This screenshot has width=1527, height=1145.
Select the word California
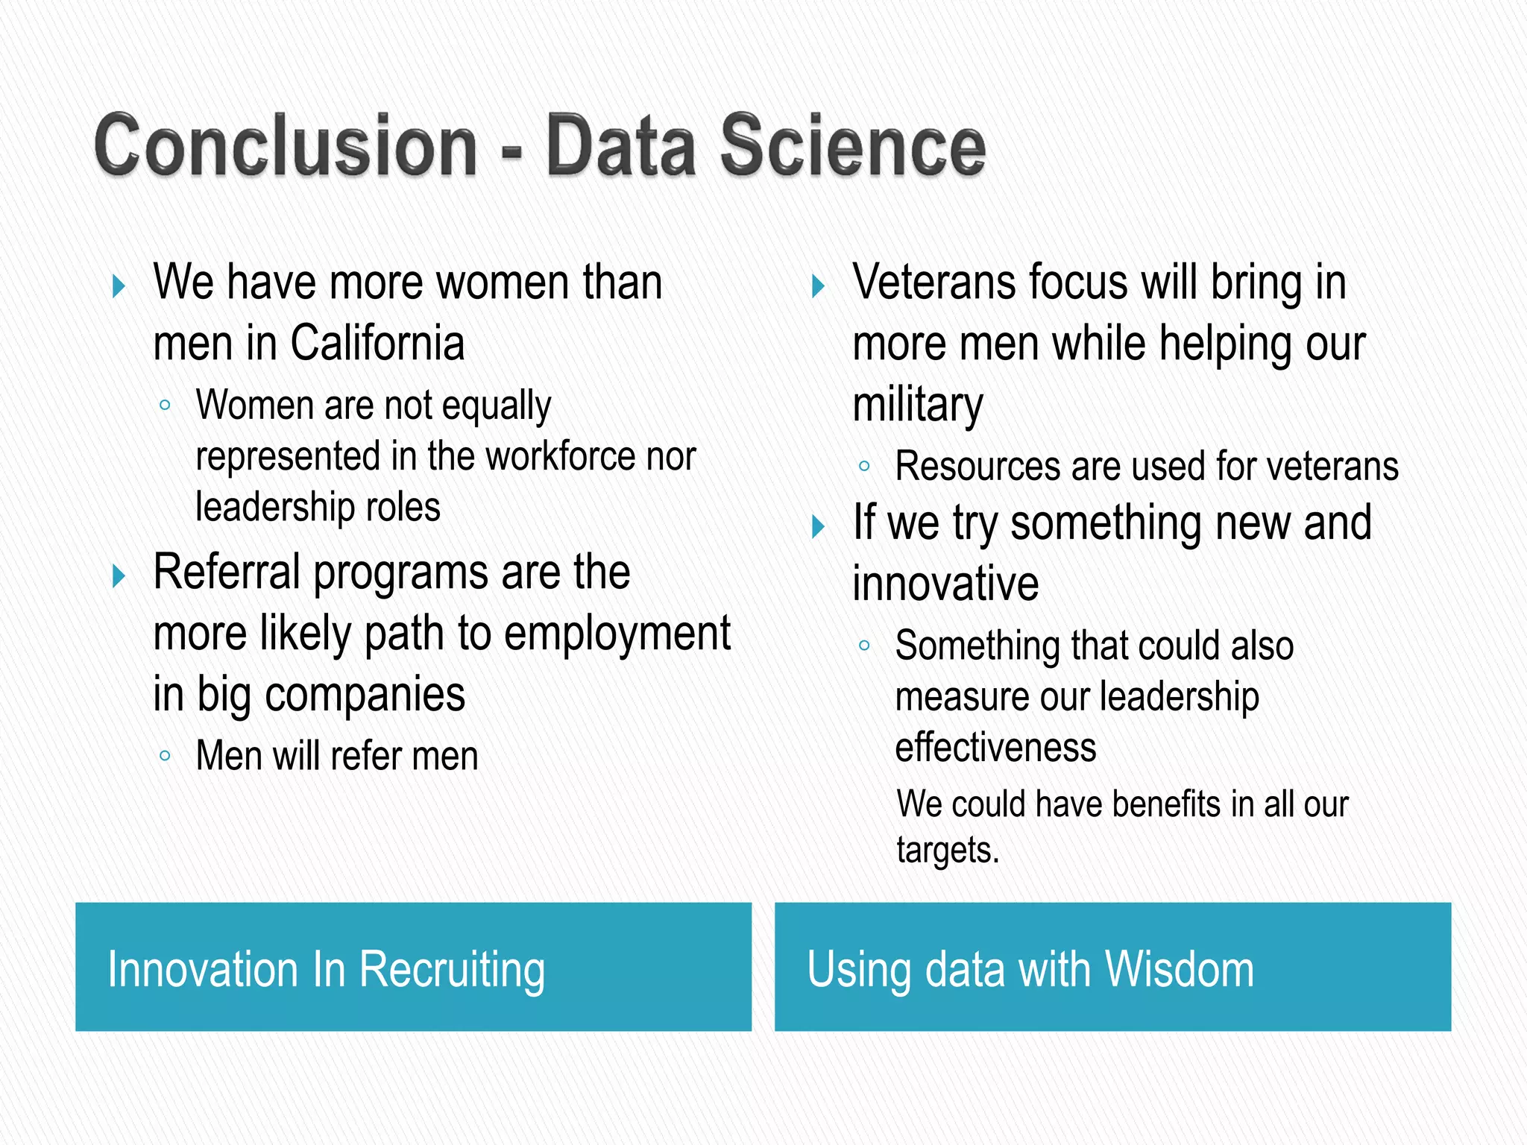pos(377,344)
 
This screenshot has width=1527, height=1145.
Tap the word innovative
pos(945,584)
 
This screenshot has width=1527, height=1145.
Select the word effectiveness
pos(995,748)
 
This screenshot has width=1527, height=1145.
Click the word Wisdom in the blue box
pos(1180,969)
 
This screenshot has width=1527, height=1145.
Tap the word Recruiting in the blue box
pos(452,970)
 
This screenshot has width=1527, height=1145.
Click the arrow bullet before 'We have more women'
pos(118,286)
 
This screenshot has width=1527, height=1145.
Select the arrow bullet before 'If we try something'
pos(818,527)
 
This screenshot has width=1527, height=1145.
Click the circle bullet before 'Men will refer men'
pos(165,756)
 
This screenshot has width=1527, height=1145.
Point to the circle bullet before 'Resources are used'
pos(864,467)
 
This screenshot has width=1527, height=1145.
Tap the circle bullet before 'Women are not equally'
pos(165,406)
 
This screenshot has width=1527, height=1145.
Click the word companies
pos(365,695)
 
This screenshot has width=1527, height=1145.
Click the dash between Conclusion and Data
pos(511,151)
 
